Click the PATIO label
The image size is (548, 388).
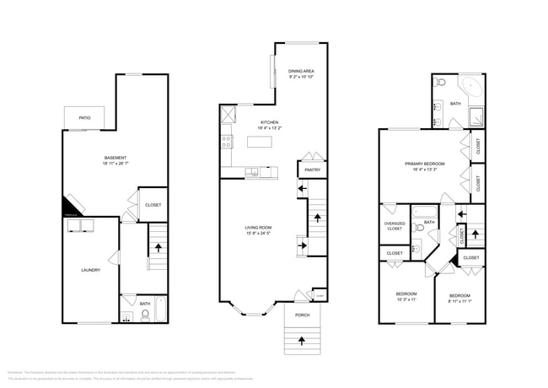click(84, 118)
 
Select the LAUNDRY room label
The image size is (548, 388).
click(90, 270)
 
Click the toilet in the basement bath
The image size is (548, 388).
click(145, 315)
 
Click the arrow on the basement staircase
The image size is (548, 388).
click(158, 248)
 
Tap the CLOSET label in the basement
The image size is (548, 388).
click(153, 205)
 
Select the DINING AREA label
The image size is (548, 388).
click(301, 71)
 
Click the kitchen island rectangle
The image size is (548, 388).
click(261, 142)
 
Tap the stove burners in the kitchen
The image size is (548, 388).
click(227, 142)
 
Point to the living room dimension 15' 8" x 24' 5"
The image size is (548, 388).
click(259, 234)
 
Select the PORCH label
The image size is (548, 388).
click(301, 315)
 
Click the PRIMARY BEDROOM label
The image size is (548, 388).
click(424, 164)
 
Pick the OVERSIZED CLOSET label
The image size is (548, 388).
click(394, 226)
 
